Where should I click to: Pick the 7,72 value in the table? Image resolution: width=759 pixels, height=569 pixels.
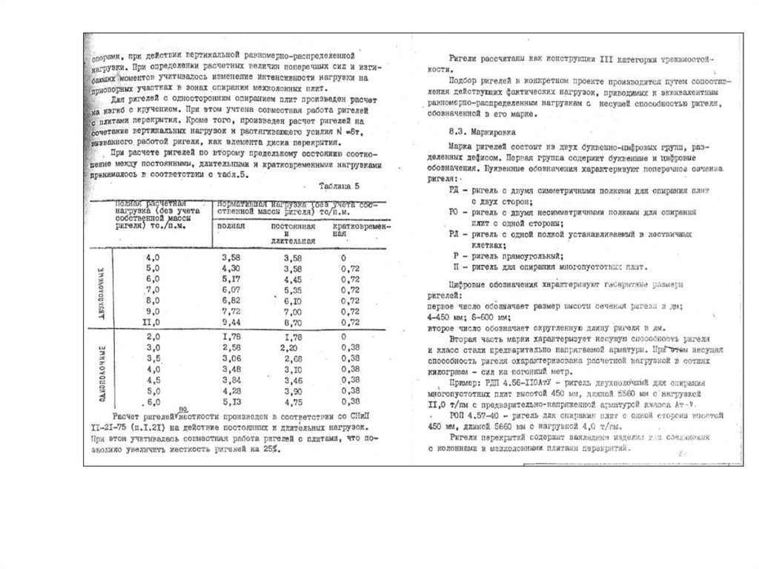pyautogui.click(x=232, y=313)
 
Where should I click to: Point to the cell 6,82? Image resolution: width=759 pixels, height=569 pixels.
pyautogui.click(x=232, y=302)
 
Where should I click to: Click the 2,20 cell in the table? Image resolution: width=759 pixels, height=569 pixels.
pyautogui.click(x=291, y=347)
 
